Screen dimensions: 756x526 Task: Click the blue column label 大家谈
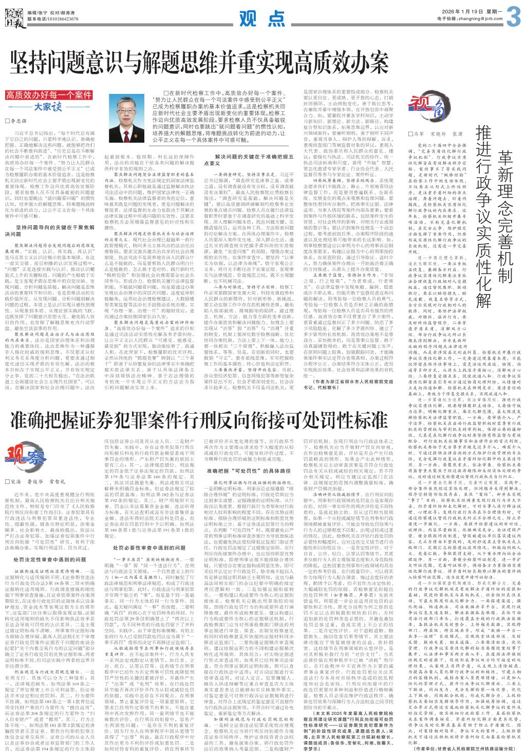coord(48,107)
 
